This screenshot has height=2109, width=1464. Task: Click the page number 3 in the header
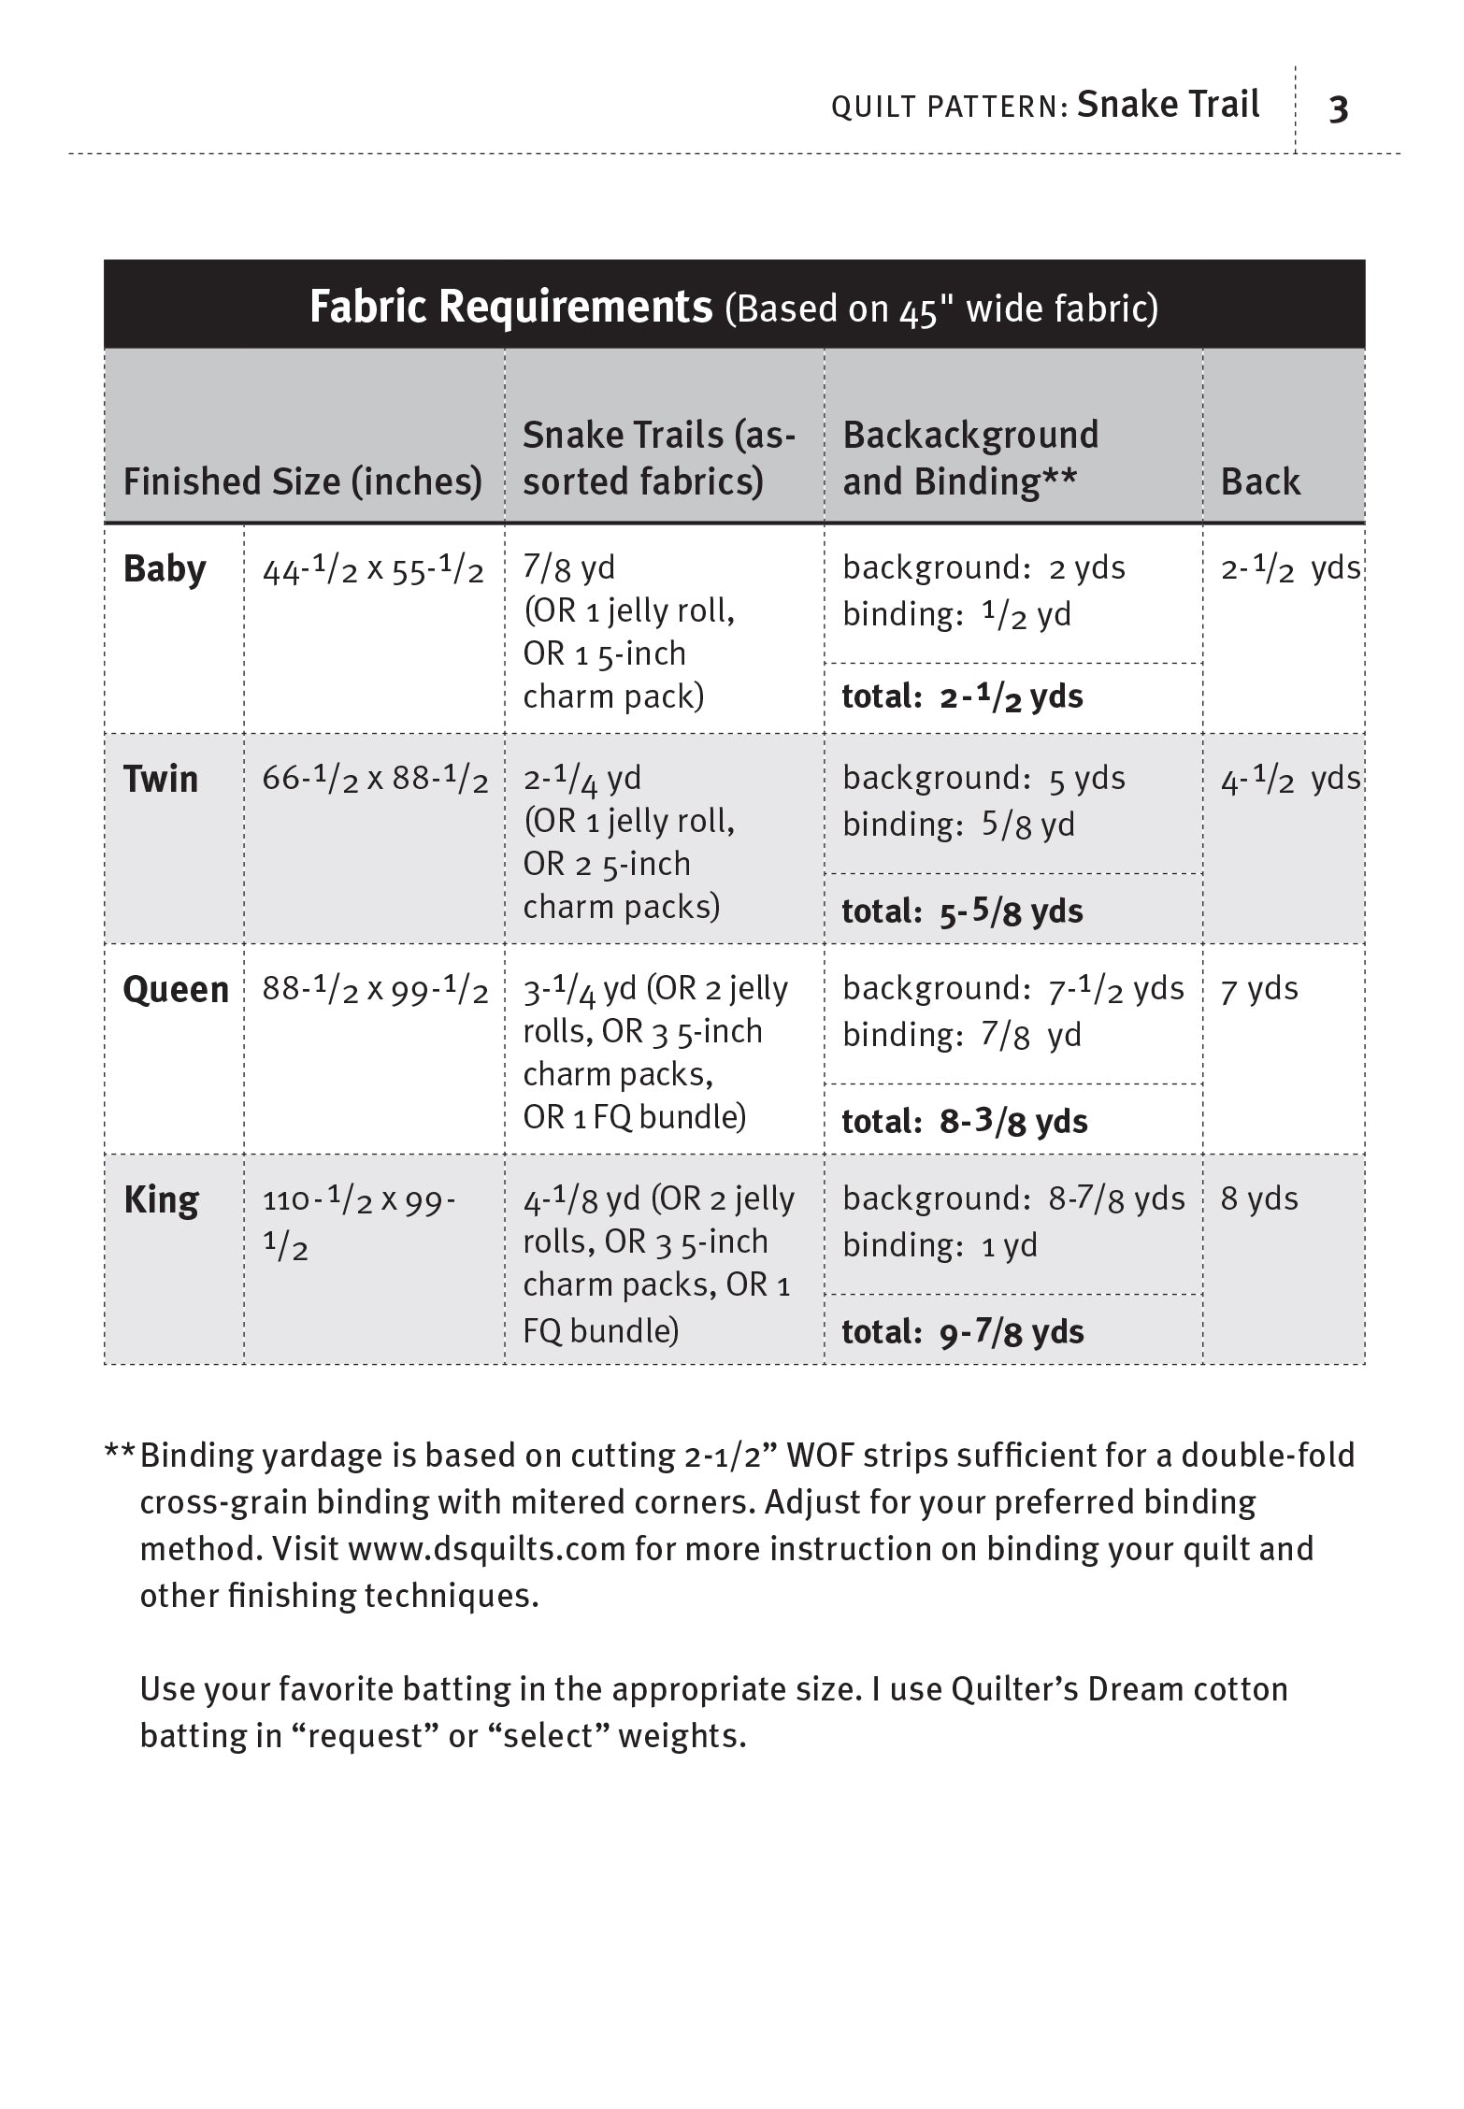coord(1338,109)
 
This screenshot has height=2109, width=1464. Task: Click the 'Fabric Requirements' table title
coord(510,307)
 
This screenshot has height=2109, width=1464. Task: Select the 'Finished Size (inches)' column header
coord(303,481)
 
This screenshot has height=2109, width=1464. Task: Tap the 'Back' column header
coord(1260,481)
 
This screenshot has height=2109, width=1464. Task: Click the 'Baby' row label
coord(165,569)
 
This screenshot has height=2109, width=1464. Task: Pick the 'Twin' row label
coord(161,779)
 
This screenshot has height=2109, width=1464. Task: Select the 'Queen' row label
coord(176,989)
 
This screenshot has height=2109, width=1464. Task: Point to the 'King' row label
coord(161,1199)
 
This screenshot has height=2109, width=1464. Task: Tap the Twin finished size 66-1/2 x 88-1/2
coord(375,780)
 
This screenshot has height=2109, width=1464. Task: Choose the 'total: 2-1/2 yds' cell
coord(962,697)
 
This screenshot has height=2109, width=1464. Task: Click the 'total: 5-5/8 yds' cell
coord(962,911)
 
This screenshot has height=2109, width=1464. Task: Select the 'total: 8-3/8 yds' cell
coord(965,1122)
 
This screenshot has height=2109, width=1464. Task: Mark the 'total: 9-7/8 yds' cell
coord(962,1332)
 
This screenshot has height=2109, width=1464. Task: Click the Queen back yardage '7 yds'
coord(1259,989)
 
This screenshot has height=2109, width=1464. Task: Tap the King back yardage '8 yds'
coord(1259,1199)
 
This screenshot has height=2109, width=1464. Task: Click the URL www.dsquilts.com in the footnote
coord(486,1549)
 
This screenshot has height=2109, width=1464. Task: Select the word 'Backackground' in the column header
coord(970,436)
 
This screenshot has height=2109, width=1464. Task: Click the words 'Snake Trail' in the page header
coord(1168,105)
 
